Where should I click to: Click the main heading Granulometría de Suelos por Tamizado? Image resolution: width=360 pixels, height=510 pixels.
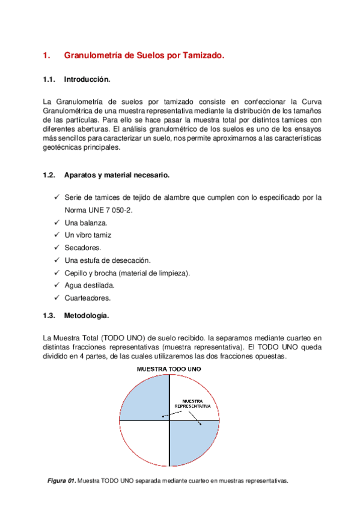144,56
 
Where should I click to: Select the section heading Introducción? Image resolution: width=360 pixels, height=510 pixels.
87,79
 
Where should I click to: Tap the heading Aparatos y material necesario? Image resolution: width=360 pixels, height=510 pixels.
117,175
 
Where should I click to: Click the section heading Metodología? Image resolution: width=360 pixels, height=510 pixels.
87,315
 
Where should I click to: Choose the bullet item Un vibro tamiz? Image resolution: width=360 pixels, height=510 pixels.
88,235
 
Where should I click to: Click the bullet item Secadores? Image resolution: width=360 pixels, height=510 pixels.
83,248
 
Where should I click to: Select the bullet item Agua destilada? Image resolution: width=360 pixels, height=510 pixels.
89,285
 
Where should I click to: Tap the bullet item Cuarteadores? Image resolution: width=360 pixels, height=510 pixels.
88,298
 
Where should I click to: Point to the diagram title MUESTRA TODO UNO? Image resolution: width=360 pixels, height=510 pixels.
169,369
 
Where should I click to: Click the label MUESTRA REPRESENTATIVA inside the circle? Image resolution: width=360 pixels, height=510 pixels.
193,404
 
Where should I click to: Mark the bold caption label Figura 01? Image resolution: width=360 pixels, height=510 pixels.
62,481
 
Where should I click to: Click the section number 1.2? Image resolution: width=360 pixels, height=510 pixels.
49,175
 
